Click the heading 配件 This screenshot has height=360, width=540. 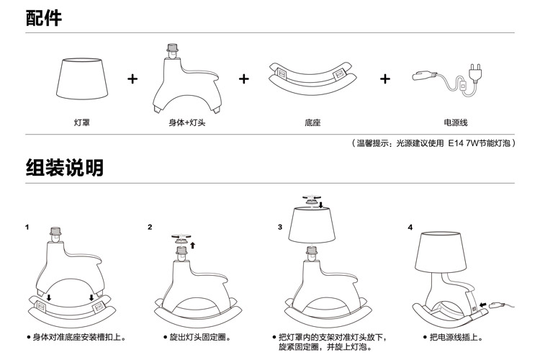(x=44, y=18)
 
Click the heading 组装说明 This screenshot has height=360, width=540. (x=64, y=168)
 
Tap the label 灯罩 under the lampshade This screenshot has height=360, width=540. (x=82, y=122)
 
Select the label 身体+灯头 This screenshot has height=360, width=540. (x=187, y=122)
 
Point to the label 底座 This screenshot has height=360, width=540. (x=312, y=122)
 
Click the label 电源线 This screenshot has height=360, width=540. (x=456, y=122)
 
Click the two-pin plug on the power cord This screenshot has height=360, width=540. (x=477, y=73)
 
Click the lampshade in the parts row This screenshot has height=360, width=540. (x=82, y=78)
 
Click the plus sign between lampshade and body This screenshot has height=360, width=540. (x=132, y=79)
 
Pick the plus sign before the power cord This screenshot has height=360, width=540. (x=385, y=79)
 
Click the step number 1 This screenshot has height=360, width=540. (x=27, y=227)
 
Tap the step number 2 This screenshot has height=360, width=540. (x=150, y=227)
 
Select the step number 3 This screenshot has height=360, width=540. (x=280, y=227)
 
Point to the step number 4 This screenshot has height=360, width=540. (x=410, y=228)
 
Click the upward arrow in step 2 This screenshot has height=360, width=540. (x=193, y=245)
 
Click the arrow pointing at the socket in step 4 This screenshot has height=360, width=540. (x=484, y=305)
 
